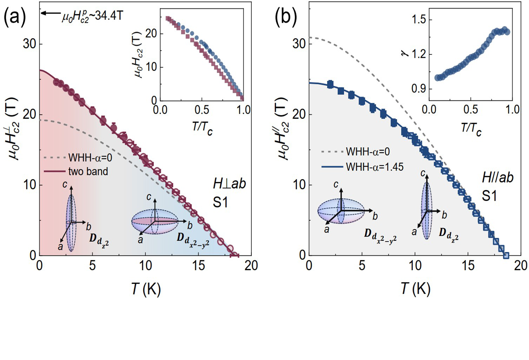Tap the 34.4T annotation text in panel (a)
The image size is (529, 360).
click(x=92, y=16)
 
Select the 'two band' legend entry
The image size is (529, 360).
click(x=88, y=171)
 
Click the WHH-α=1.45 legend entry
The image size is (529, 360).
click(x=375, y=166)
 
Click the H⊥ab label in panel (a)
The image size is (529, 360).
click(x=229, y=183)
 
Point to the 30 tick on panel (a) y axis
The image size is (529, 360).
click(x=31, y=44)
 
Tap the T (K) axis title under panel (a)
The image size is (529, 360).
click(x=146, y=289)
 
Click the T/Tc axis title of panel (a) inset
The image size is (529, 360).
click(x=202, y=127)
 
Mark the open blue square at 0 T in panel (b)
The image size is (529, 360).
click(x=506, y=255)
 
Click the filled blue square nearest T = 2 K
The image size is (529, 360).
click(x=330, y=85)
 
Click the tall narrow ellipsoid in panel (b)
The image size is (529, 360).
click(x=426, y=210)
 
